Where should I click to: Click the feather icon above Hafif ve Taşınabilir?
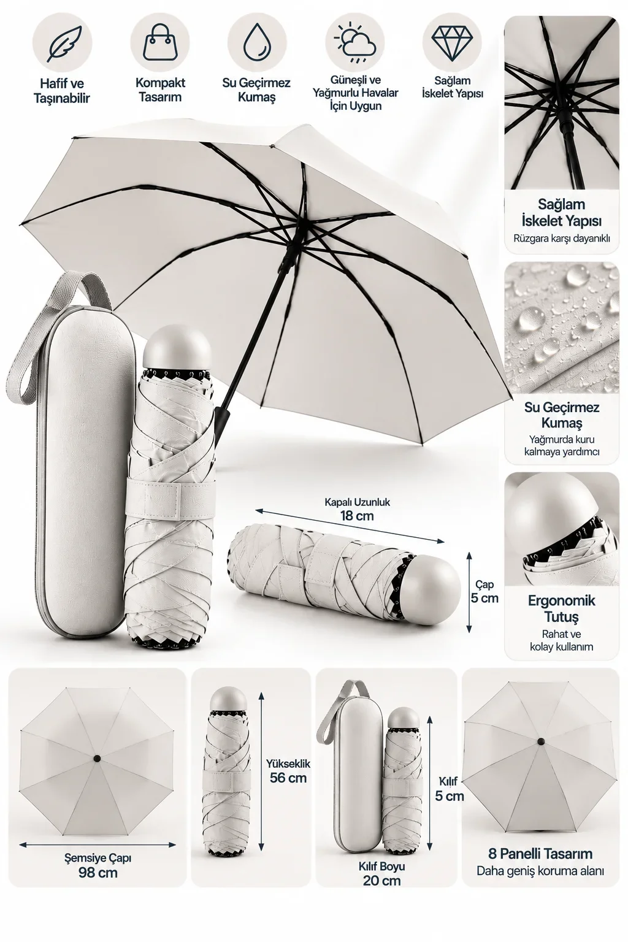62,44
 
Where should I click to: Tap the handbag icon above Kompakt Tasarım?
159,43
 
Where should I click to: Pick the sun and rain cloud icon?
354,44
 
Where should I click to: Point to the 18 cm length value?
357,516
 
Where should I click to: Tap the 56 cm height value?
288,778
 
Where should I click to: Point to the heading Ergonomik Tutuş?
562,608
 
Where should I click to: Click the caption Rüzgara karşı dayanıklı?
562,239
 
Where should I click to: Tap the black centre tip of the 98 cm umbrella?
97,758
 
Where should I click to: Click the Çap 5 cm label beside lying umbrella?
484,591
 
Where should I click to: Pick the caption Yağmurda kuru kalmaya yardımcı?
562,445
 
